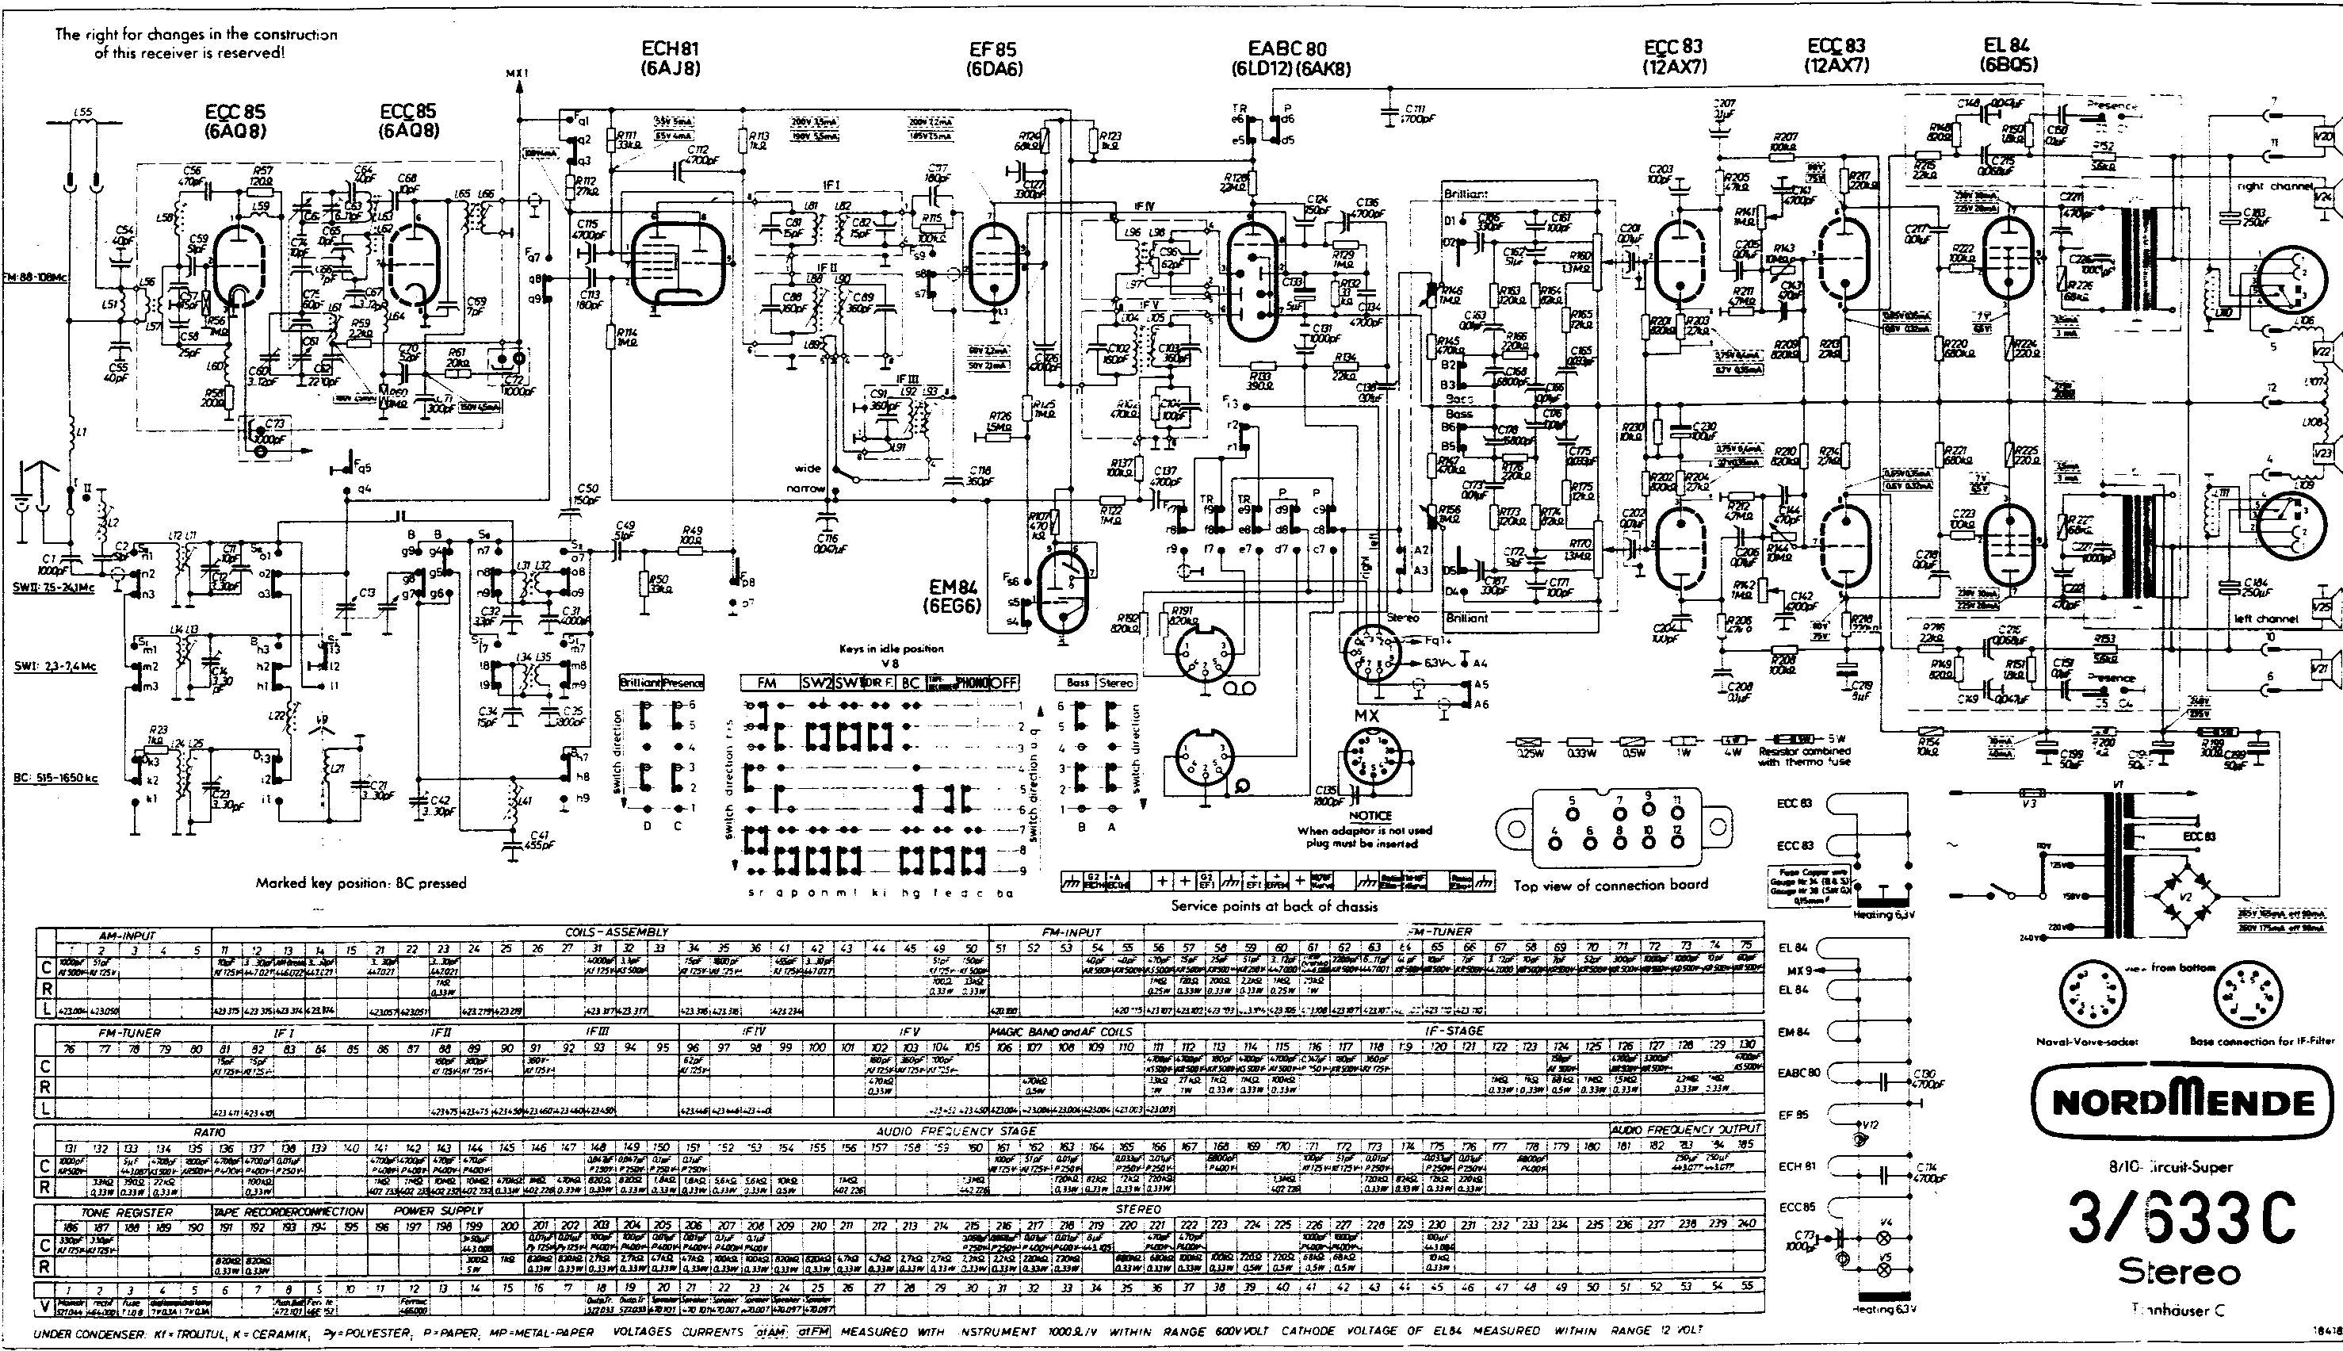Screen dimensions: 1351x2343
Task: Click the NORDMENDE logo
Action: (x=2181, y=1102)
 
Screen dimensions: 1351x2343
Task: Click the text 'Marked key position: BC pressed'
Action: (x=361, y=882)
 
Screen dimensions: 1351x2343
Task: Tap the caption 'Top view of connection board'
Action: (x=1611, y=884)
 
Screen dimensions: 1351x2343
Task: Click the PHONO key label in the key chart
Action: (x=972, y=683)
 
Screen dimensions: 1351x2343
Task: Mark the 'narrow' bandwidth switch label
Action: (x=805, y=488)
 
